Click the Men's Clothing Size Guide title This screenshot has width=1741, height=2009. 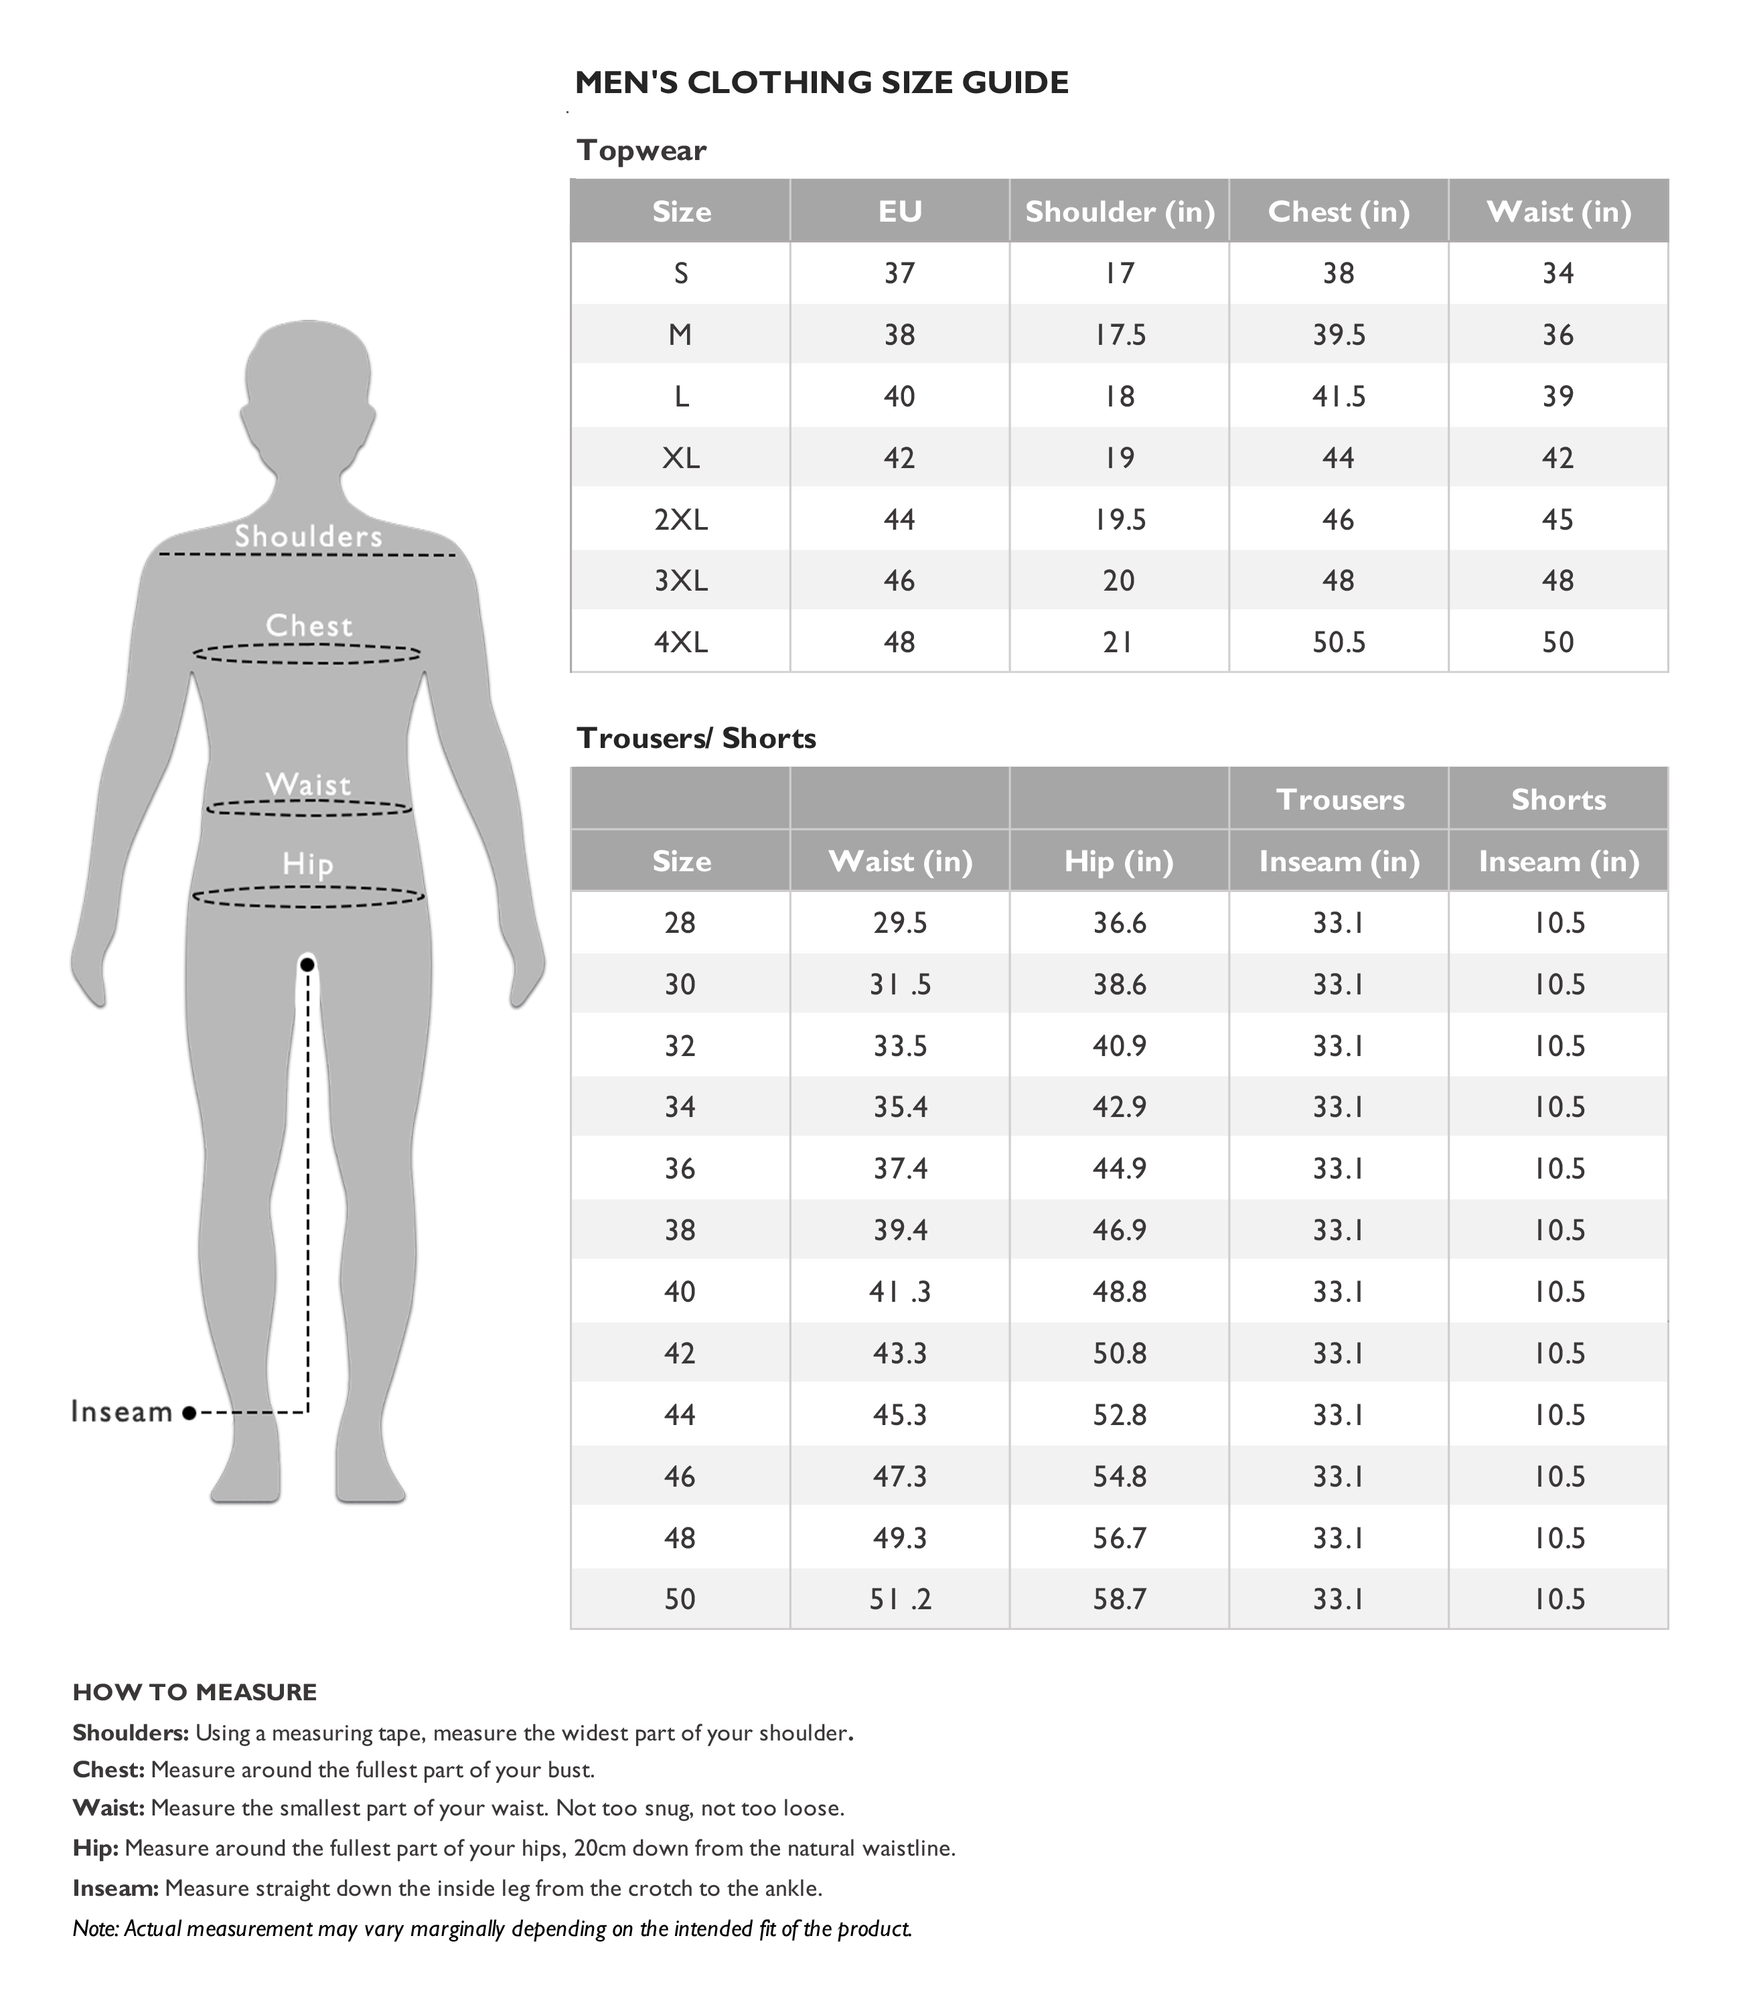(x=821, y=82)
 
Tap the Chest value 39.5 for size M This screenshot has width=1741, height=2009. (x=1338, y=335)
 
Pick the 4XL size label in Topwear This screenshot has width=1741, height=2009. (x=680, y=642)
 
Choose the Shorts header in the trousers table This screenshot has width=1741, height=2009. (x=1558, y=800)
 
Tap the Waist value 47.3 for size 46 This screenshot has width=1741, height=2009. (x=900, y=1477)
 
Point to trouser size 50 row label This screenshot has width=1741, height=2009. (x=680, y=1599)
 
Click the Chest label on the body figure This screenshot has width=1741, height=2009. (x=309, y=625)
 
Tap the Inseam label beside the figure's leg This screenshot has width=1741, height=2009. (x=121, y=1412)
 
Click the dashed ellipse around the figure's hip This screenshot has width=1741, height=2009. (x=309, y=897)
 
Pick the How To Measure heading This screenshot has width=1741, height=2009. (x=194, y=1692)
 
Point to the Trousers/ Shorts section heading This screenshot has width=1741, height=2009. (x=696, y=739)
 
